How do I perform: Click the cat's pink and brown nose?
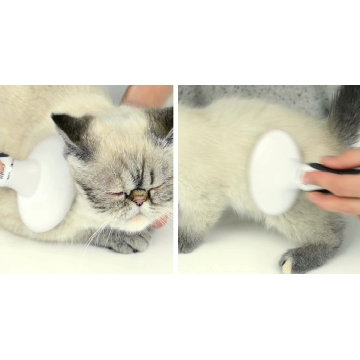click(139, 198)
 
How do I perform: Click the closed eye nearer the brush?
click(116, 194)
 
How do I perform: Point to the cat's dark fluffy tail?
click(345, 114)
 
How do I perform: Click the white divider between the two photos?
click(175, 179)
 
